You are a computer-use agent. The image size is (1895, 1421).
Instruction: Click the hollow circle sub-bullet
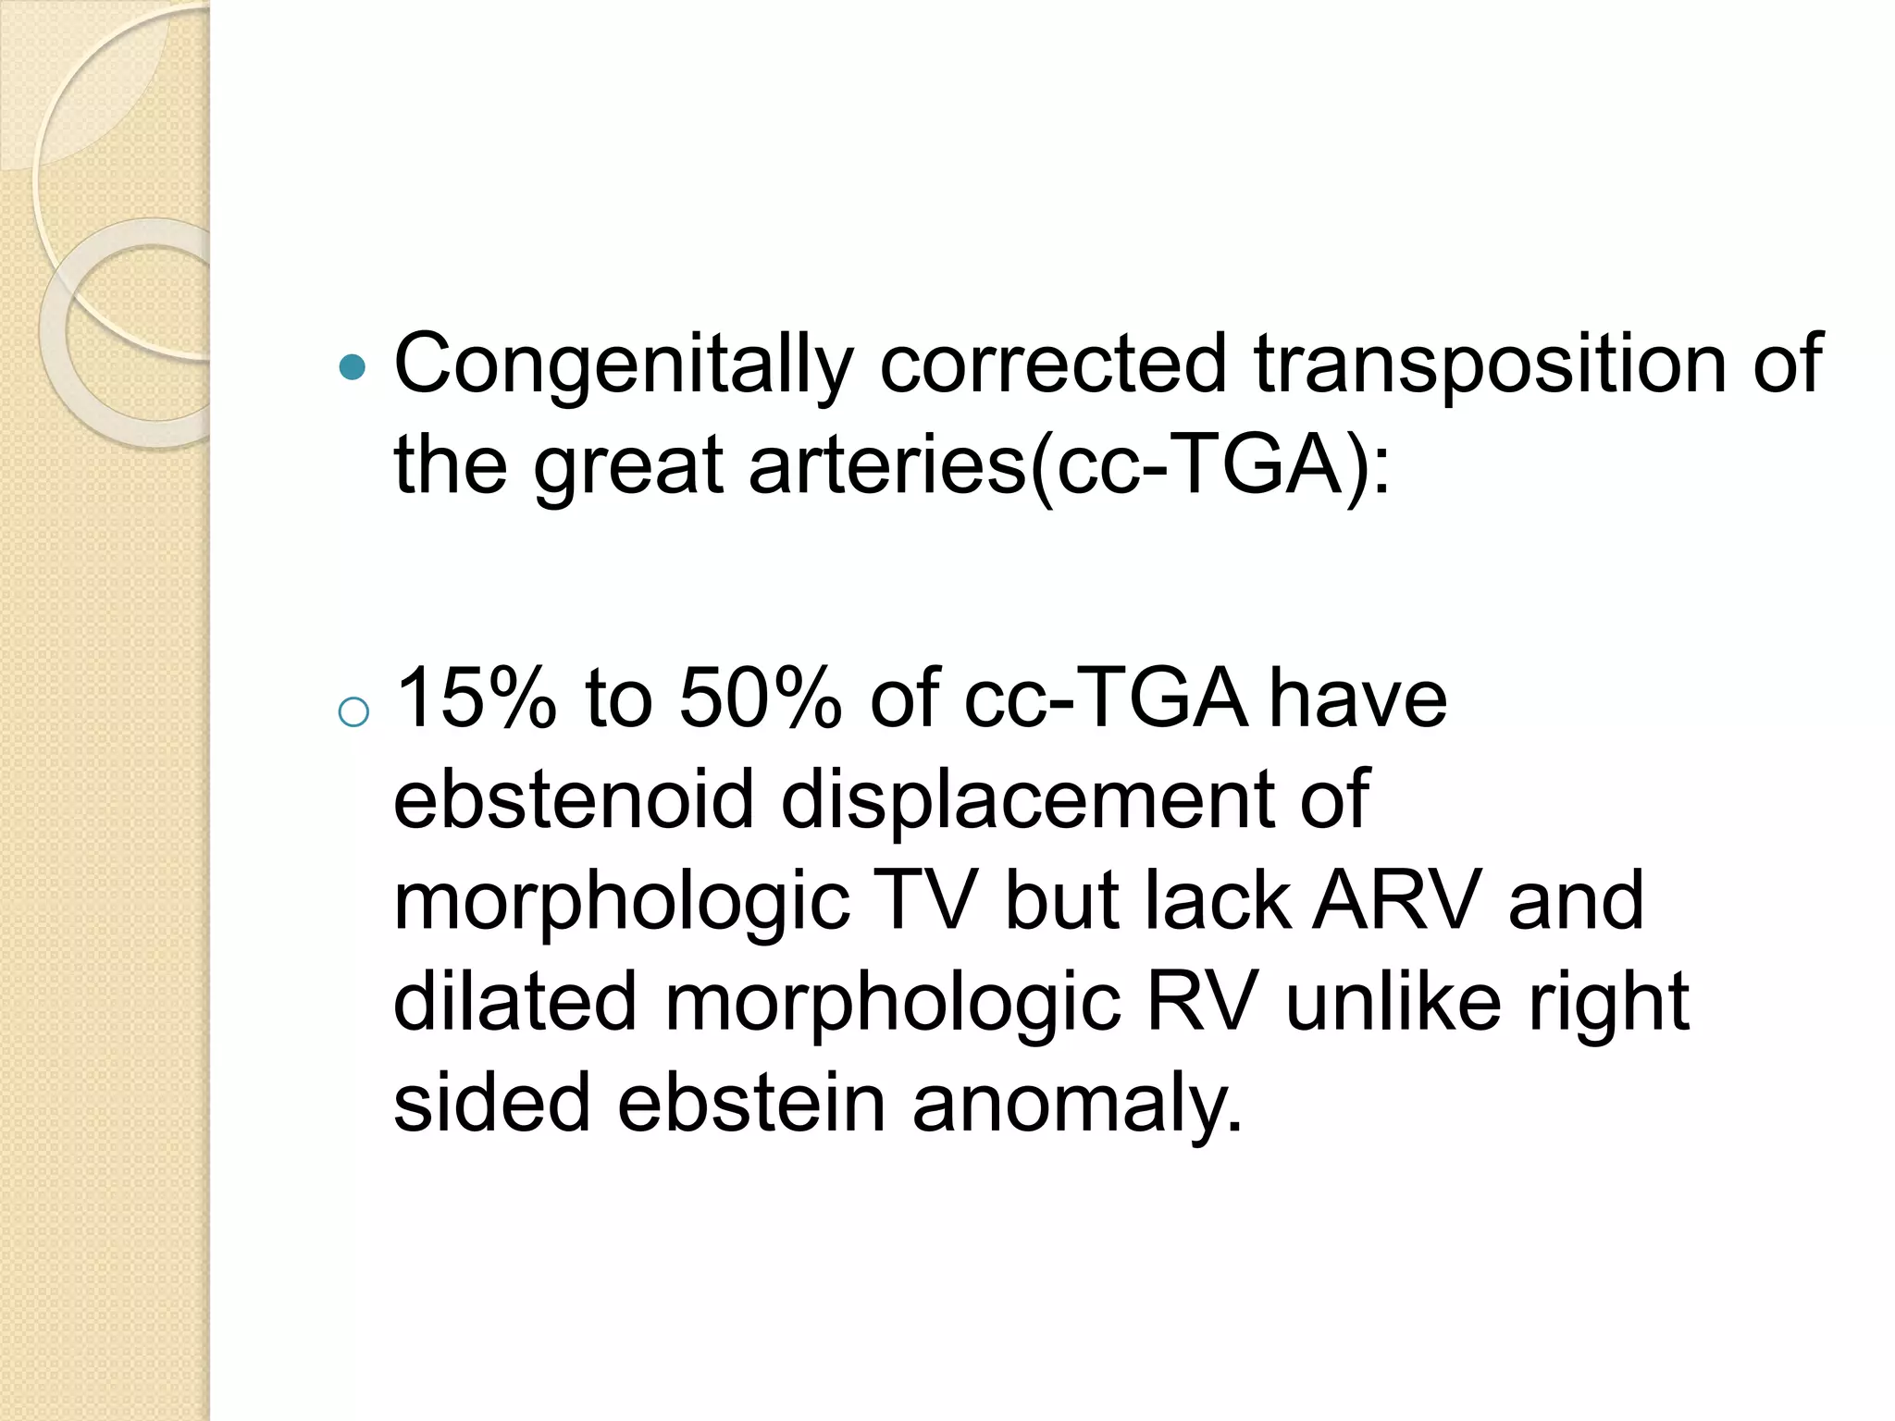pyautogui.click(x=353, y=712)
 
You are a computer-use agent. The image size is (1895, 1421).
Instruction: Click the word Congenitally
pyautogui.click(x=622, y=365)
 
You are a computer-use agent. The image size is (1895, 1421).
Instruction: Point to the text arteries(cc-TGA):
pyautogui.click(x=1070, y=465)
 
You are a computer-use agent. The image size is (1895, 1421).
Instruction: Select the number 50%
pyautogui.click(x=761, y=698)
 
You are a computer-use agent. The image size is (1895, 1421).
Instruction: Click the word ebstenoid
pyautogui.click(x=574, y=799)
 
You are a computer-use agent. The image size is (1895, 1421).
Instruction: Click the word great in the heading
pyautogui.click(x=628, y=465)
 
